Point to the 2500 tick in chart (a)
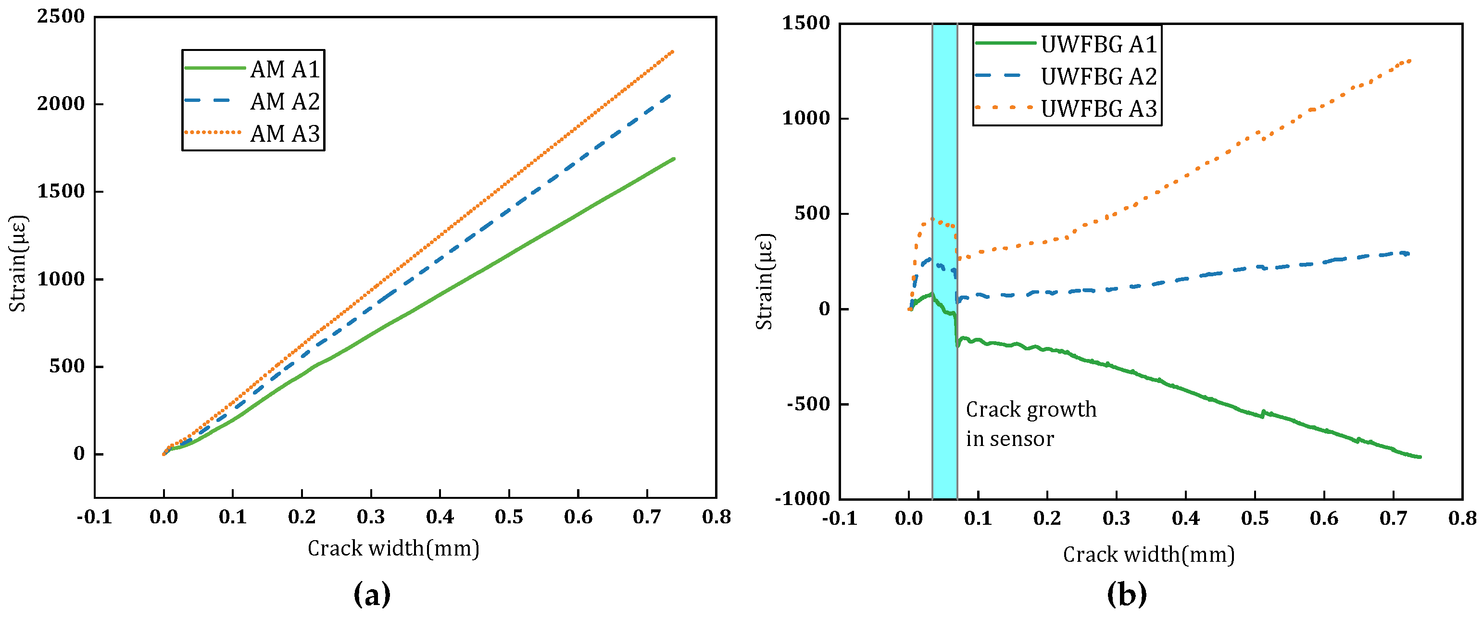click(x=61, y=17)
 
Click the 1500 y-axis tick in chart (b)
click(x=805, y=24)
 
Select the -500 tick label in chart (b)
click(x=808, y=404)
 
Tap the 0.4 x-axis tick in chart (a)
click(x=440, y=517)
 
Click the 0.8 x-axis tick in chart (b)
click(x=1462, y=518)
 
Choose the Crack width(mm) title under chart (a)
click(x=393, y=548)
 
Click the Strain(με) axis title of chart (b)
click(x=764, y=282)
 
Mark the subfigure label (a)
click(x=372, y=594)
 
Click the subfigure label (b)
click(x=1127, y=594)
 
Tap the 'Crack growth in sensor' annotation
click(x=1031, y=424)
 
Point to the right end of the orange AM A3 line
click(x=673, y=51)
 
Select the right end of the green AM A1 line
click(x=674, y=159)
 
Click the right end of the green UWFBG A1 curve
click(x=1420, y=457)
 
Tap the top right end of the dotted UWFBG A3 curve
click(x=1410, y=60)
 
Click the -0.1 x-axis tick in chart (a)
click(x=94, y=517)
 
